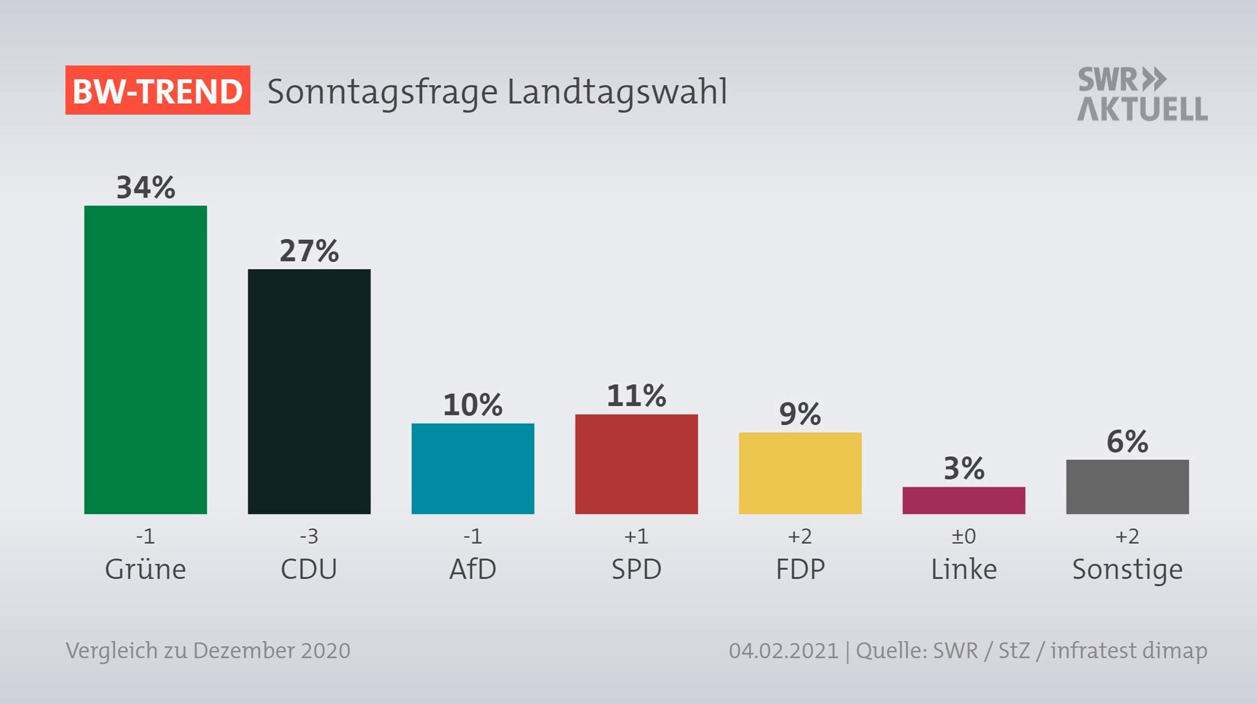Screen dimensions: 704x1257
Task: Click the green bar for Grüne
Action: pos(146,360)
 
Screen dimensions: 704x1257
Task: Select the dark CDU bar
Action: pos(309,391)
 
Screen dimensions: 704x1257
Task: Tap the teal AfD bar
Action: pos(472,468)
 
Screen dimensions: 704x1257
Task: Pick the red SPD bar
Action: pos(636,464)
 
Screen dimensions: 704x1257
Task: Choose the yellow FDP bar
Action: pos(800,473)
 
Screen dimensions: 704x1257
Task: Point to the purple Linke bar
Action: pos(964,500)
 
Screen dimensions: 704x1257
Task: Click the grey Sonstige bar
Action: pos(1127,487)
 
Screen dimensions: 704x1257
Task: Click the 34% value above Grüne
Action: pos(146,187)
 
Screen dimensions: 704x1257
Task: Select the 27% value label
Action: pos(309,251)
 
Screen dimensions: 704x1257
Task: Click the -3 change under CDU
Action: pos(309,537)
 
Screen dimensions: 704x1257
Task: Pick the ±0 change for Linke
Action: pos(964,537)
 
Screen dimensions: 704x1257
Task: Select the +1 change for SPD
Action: pos(636,537)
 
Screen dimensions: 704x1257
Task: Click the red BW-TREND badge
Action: pos(157,90)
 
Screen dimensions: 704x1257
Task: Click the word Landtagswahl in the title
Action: pos(617,92)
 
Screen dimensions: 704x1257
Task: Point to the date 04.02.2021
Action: pos(783,651)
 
